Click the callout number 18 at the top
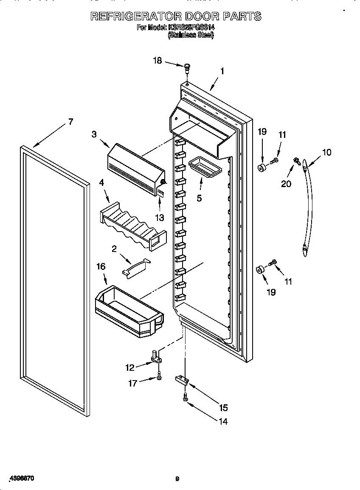[x=157, y=61]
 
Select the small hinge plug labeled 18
[x=187, y=67]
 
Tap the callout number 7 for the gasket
[x=70, y=122]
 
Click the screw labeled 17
[x=159, y=376]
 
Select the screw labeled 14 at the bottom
[x=185, y=397]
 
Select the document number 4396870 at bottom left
[x=20, y=479]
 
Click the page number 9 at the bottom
[x=177, y=479]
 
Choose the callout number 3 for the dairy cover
[x=94, y=134]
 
